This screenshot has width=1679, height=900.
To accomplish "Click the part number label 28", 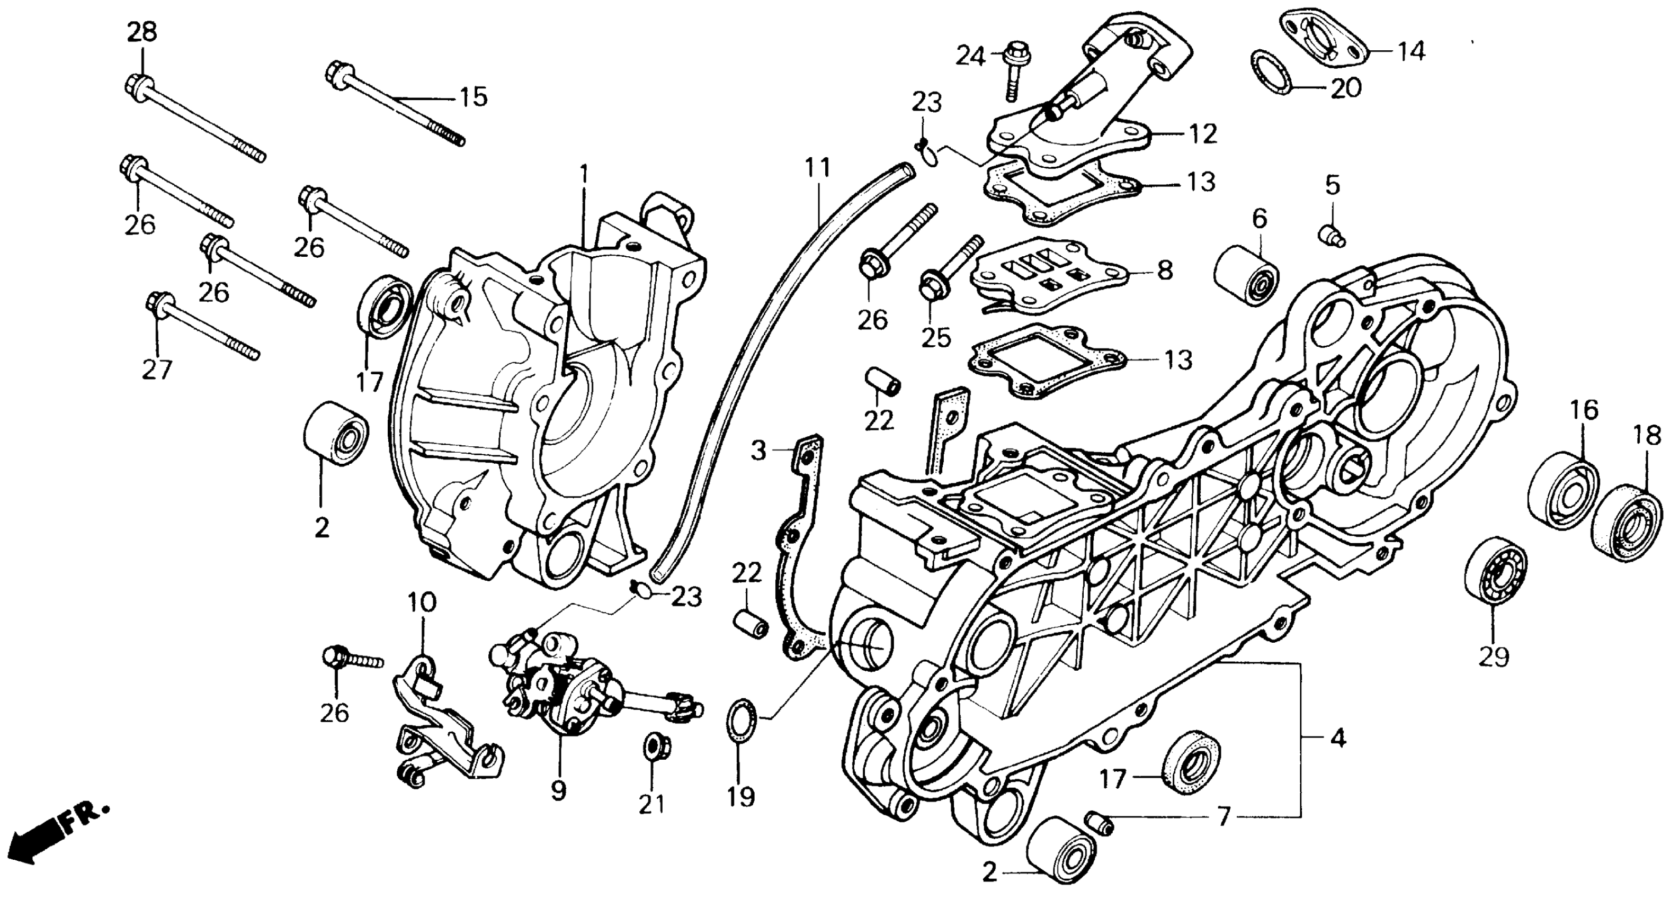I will pos(141,32).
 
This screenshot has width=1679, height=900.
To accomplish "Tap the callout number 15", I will pos(474,98).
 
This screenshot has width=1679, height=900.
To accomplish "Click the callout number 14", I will pos(1411,51).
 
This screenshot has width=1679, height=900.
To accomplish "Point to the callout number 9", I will pos(559,790).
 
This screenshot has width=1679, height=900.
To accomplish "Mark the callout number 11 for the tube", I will pos(817,168).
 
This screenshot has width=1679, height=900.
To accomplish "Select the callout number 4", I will pos(1337,739).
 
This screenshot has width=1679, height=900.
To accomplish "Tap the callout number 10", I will pos(422,603).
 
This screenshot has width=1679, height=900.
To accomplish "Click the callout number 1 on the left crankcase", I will pos(585,175).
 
